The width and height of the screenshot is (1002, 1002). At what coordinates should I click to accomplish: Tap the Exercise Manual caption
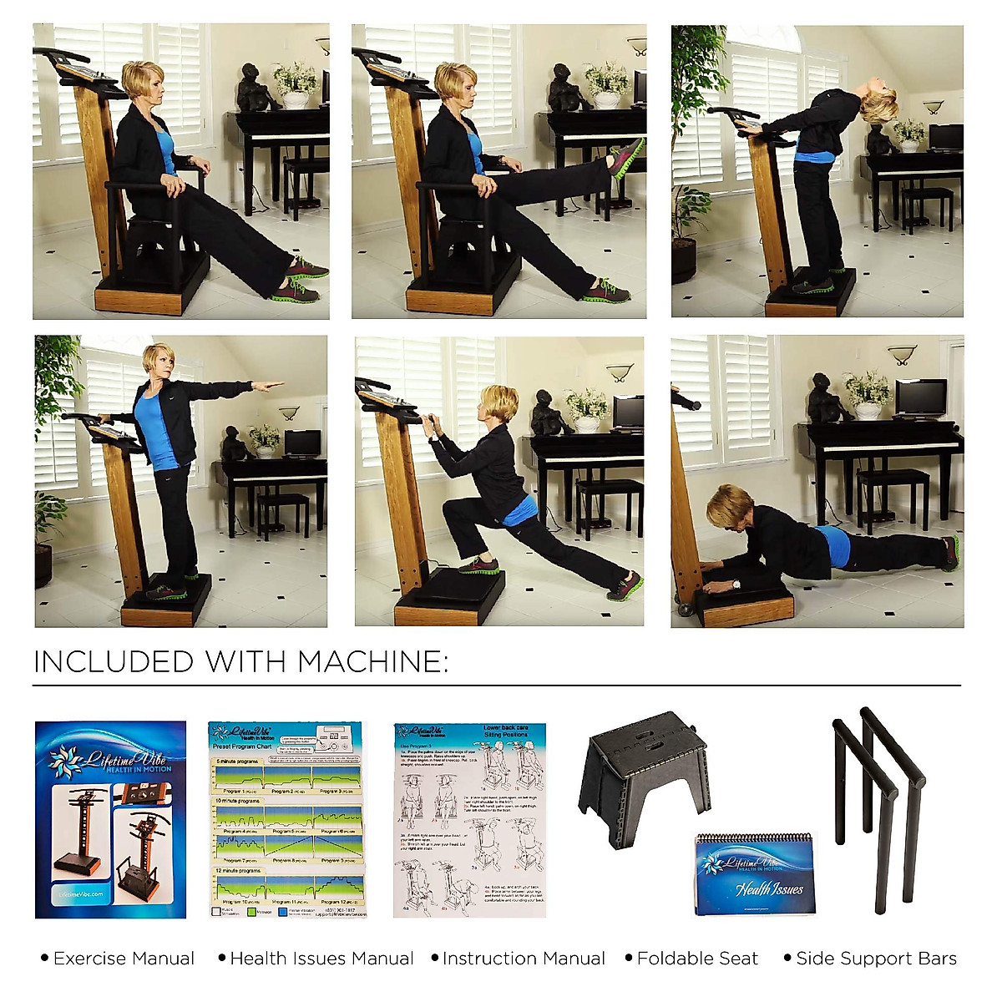(124, 959)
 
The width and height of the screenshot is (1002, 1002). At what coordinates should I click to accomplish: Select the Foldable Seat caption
(697, 959)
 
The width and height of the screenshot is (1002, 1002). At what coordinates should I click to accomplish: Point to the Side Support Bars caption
(876, 959)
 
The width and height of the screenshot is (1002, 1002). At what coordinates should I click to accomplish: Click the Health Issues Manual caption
(321, 959)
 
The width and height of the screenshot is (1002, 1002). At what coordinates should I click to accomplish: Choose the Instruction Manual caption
(524, 959)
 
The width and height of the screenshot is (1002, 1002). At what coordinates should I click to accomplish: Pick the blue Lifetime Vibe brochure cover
(110, 819)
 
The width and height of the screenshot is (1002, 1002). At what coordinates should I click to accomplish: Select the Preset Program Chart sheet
(286, 819)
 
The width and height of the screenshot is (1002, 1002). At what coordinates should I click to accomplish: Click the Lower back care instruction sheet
(469, 819)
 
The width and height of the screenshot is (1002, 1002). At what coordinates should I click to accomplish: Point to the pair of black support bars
(877, 806)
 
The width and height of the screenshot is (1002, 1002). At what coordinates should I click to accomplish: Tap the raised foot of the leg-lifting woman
(626, 157)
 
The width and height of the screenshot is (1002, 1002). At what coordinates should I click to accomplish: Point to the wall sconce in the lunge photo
(619, 371)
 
